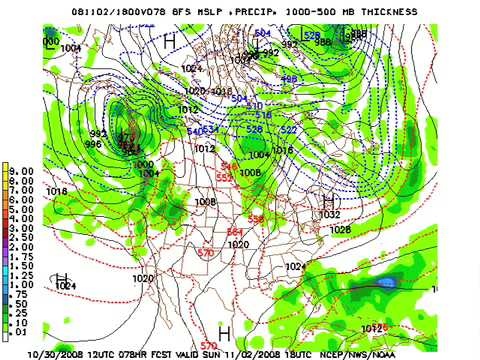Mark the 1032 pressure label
329,214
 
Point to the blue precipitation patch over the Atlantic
385,283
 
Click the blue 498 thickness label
288,78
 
